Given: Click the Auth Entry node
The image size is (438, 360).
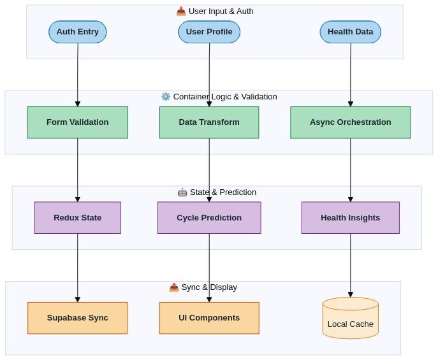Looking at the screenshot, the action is [x=78, y=32].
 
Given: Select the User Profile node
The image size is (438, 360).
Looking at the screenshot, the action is [x=209, y=32].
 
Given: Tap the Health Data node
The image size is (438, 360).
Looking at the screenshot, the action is [x=351, y=32].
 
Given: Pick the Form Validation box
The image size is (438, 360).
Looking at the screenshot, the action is [x=78, y=122].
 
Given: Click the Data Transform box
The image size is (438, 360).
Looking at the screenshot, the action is [x=209, y=122].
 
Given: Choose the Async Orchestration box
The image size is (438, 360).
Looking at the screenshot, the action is [x=351, y=122].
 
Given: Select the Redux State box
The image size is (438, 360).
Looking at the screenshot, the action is [x=78, y=218].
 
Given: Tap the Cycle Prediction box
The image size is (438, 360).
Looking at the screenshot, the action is [x=209, y=218].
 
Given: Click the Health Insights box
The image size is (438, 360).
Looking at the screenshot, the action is [x=351, y=218].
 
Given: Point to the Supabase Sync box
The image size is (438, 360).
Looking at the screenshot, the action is [x=78, y=318].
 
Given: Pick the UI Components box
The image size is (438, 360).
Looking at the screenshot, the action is [x=209, y=318].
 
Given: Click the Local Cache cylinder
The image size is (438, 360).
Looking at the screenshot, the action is [x=351, y=318].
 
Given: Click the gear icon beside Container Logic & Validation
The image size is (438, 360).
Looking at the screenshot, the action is [x=166, y=97].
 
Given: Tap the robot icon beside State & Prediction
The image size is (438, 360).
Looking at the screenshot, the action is [x=182, y=192].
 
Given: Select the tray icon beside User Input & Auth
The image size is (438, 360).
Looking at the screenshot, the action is [x=181, y=11].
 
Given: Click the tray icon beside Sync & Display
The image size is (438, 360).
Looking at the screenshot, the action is [x=174, y=287].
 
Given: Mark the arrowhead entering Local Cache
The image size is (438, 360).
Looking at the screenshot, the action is [x=351, y=294].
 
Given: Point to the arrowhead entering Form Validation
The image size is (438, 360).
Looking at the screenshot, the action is [x=78, y=104].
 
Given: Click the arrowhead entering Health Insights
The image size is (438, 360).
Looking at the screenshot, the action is [x=351, y=199].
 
